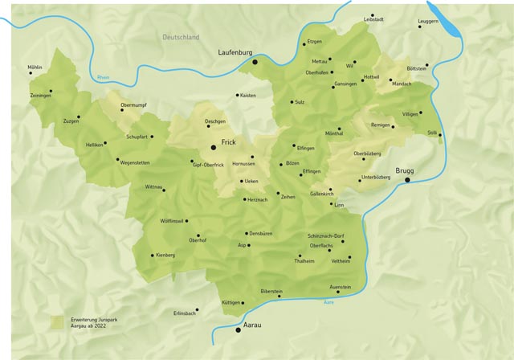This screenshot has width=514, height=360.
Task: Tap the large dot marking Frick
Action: click(x=214, y=147)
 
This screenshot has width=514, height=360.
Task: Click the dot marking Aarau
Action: click(x=238, y=329)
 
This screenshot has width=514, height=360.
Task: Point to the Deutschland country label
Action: click(x=181, y=38)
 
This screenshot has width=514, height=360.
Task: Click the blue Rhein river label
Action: click(x=103, y=77)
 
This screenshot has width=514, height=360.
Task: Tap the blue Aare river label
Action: click(x=328, y=301)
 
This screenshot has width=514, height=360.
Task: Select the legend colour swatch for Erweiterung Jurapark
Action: click(x=57, y=321)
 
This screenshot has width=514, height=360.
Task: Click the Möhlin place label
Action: click(x=35, y=67)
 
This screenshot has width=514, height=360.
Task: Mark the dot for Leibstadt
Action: click(x=372, y=15)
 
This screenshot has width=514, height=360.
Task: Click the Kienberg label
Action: click(x=165, y=255)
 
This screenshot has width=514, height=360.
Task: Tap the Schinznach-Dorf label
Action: click(x=325, y=235)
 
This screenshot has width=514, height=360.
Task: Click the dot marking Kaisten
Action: click(x=238, y=95)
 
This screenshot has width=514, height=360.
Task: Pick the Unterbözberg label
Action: click(x=376, y=176)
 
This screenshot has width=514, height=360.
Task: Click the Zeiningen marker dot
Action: click(x=51, y=91)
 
